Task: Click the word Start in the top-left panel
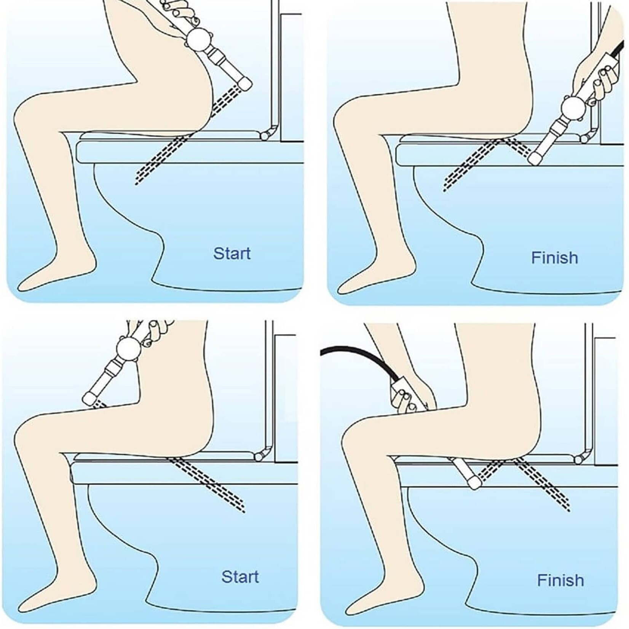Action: [x=232, y=254]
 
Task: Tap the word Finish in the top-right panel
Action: [x=554, y=258]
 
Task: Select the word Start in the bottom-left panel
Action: [x=240, y=577]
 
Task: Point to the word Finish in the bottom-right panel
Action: [x=560, y=581]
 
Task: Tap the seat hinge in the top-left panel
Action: [x=265, y=134]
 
